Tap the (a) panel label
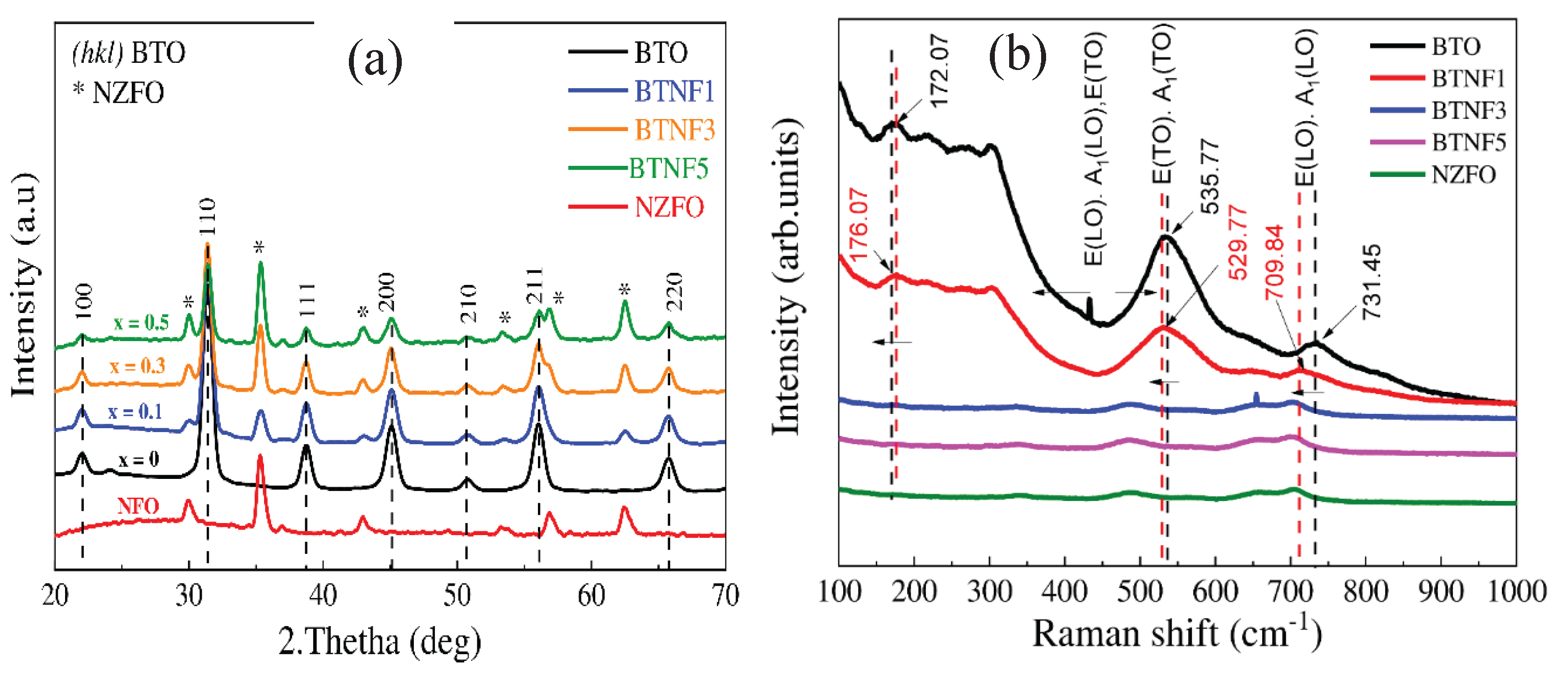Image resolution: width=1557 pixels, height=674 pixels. coord(375,61)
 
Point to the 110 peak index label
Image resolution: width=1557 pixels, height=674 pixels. coord(207,217)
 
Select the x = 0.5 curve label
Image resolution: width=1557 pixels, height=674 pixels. coord(142,323)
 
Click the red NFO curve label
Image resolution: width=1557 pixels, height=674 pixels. coord(138,505)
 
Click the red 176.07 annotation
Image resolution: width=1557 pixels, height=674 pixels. coord(858,224)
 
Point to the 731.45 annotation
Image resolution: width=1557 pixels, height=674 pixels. coord(1371,282)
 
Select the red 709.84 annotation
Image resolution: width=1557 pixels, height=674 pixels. coord(1274,262)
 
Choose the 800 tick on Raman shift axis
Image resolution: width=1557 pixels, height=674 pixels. coord(1366,591)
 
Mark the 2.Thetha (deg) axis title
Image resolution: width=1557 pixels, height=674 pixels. coord(380,641)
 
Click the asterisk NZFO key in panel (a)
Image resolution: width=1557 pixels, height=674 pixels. coord(118,93)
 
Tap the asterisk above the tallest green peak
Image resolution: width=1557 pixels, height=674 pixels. coord(259,248)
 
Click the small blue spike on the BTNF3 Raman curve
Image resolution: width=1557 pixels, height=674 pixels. coord(1257,398)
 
